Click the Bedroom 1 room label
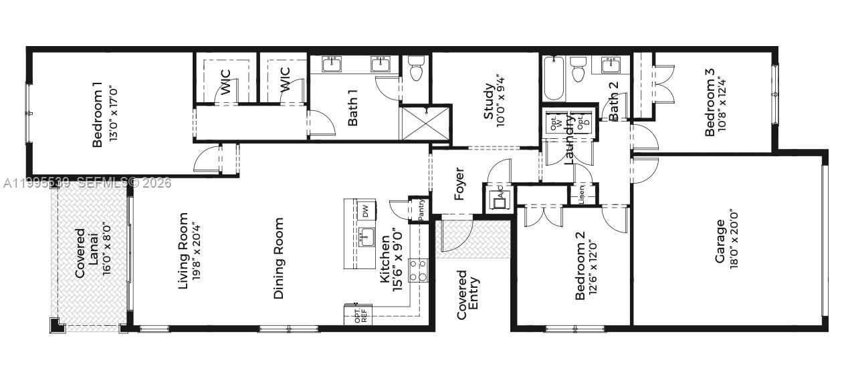(97, 114)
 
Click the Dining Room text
(279, 258)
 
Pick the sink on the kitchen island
(365, 236)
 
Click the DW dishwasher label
(366, 211)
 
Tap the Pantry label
(421, 210)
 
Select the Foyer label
(459, 183)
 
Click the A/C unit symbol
(499, 198)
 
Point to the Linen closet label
(582, 194)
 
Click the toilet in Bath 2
(578, 69)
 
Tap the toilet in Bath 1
(415, 68)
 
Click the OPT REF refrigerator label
(360, 315)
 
